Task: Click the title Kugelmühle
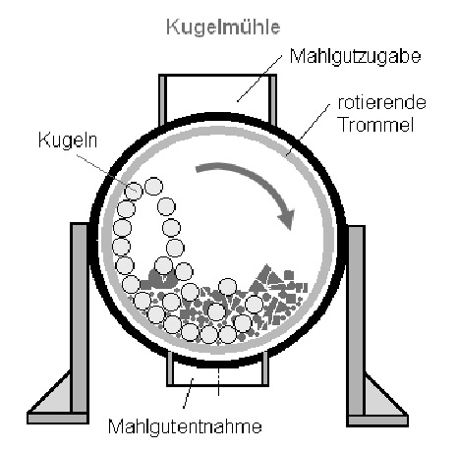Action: click(223, 27)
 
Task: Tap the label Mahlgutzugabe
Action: click(355, 56)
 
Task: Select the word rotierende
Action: click(381, 103)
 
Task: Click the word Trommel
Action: click(376, 125)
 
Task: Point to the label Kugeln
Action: click(68, 141)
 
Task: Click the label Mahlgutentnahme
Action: click(185, 426)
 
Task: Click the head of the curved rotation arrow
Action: click(286, 219)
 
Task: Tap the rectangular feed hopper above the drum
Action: click(217, 98)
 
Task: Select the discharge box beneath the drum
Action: click(217, 371)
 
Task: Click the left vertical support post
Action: click(80, 317)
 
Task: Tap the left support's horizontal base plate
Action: click(58, 418)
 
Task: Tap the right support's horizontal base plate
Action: click(377, 422)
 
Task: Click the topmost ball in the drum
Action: click(153, 186)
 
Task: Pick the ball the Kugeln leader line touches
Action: click(134, 192)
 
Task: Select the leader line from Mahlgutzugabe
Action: click(259, 79)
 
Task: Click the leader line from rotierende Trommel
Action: click(308, 130)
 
